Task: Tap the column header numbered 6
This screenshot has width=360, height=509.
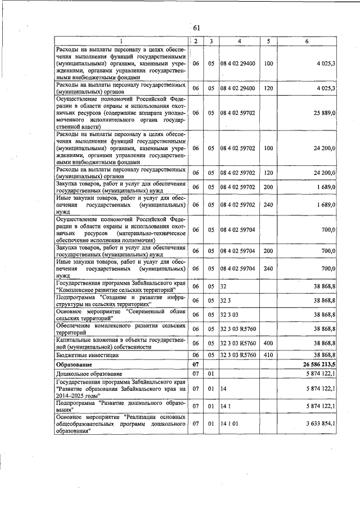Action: pos(307,41)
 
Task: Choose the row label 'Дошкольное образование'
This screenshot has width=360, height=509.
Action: pos(85,374)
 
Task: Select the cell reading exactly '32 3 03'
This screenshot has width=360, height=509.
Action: pos(230,315)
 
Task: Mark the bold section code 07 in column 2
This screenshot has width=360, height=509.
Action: pos(196,365)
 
